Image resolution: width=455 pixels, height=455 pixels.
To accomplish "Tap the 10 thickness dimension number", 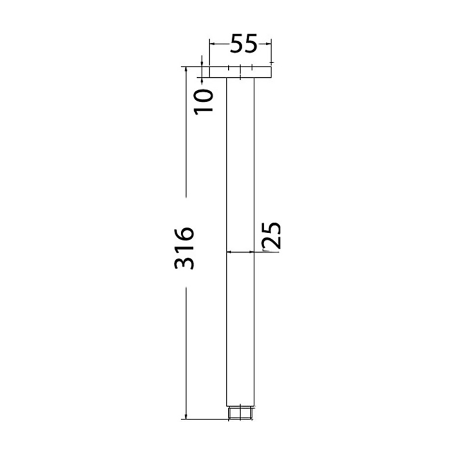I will click(x=204, y=101).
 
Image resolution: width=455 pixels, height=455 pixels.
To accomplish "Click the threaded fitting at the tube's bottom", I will click(x=240, y=414).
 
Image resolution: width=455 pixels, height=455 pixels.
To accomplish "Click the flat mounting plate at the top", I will click(x=240, y=72).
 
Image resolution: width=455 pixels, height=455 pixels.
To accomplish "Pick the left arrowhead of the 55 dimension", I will click(x=212, y=43).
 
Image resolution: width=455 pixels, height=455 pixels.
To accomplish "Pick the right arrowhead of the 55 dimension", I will click(x=269, y=43).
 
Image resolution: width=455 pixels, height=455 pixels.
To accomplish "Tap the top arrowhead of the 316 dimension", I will click(x=186, y=69).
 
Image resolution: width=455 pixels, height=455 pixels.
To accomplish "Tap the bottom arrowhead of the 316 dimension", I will click(x=186, y=417).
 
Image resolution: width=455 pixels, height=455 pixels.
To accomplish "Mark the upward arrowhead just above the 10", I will click(x=201, y=79).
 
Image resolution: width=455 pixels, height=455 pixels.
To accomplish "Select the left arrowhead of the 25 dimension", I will click(x=229, y=251).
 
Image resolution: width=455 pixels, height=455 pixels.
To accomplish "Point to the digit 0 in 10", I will click(x=204, y=96).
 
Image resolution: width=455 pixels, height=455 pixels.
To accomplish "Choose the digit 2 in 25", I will click(x=272, y=242).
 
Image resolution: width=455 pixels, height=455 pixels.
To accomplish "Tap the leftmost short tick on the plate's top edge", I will click(x=229, y=67).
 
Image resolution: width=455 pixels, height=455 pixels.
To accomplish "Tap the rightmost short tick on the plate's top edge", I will click(x=251, y=67).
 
